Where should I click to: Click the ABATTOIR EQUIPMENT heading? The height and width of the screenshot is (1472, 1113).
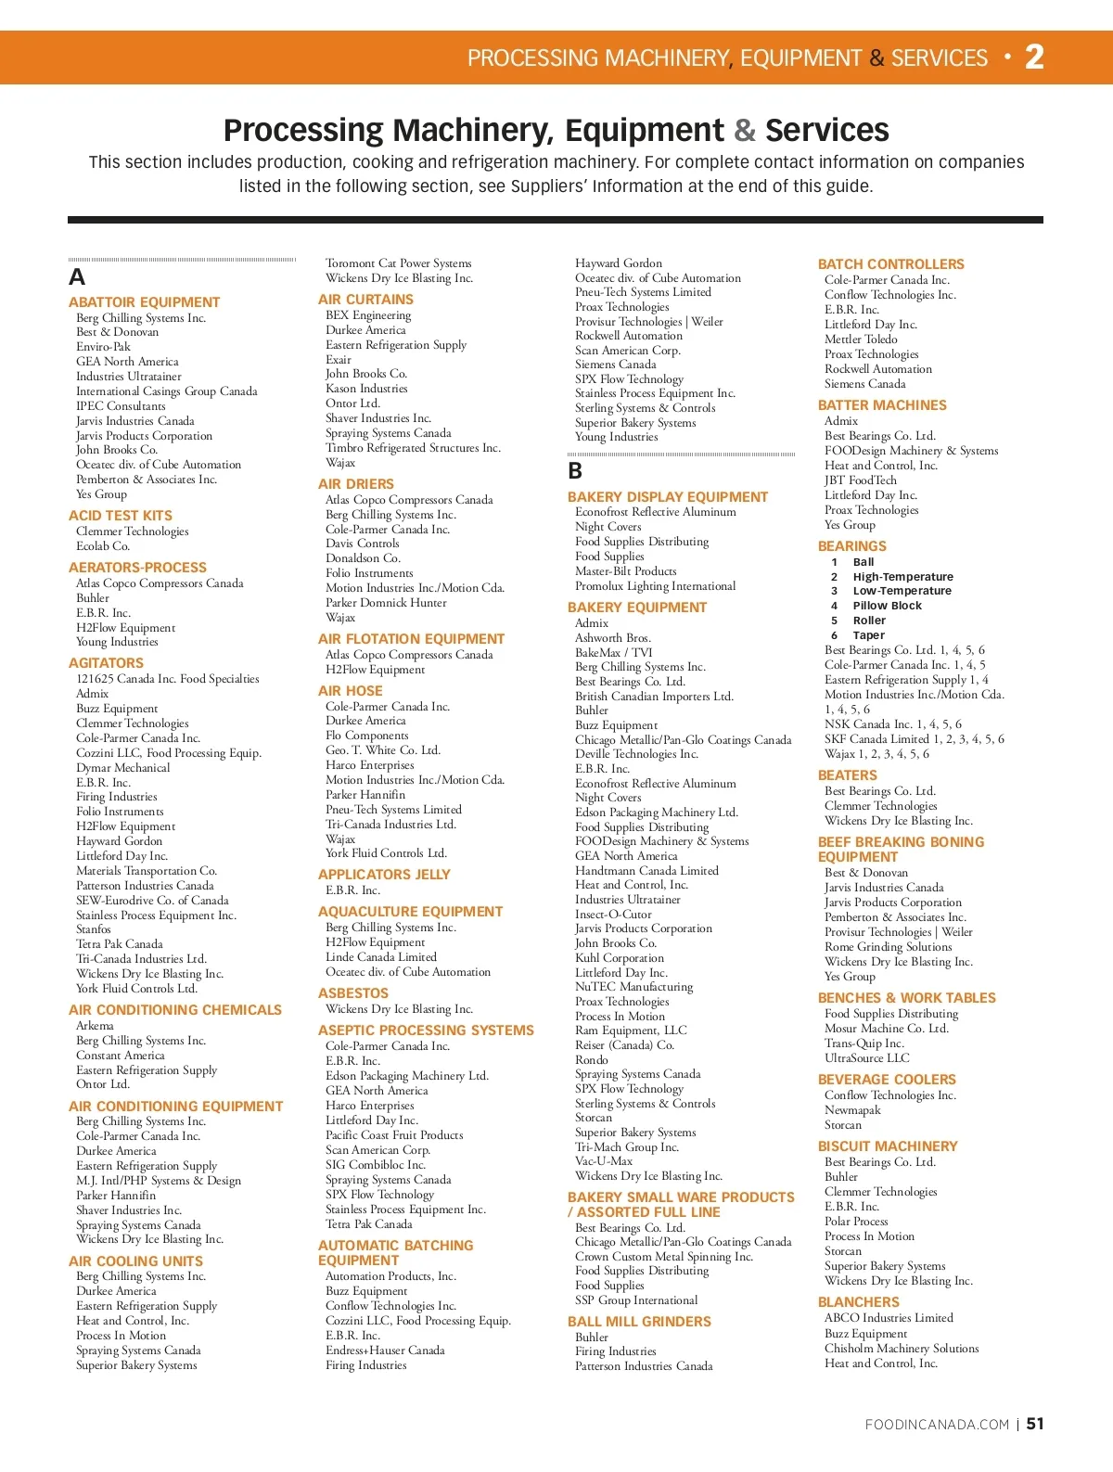tap(144, 302)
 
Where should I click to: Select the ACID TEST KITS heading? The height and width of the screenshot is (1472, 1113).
tap(121, 516)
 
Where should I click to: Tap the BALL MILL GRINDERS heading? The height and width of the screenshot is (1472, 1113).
tap(639, 1322)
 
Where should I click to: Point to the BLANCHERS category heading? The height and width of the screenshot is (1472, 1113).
tap(859, 1302)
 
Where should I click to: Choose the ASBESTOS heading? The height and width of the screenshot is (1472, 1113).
tap(353, 993)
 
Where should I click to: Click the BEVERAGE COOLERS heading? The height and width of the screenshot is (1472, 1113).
tap(887, 1080)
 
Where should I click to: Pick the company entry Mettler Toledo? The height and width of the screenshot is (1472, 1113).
tap(861, 339)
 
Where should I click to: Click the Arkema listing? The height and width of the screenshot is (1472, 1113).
tap(95, 1026)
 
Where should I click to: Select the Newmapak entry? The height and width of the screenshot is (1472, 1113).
tap(852, 1110)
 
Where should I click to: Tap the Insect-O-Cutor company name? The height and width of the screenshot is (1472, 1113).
tap(613, 915)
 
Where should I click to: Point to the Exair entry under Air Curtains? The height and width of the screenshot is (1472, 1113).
tap(339, 360)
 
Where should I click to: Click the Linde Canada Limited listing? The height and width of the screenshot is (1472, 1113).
tap(381, 957)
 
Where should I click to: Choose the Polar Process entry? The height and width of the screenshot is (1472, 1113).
tap(856, 1222)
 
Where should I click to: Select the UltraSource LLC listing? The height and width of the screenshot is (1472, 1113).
tap(867, 1058)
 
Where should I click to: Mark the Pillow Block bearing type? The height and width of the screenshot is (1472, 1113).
tap(887, 606)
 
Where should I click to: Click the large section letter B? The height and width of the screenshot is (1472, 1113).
tap(575, 471)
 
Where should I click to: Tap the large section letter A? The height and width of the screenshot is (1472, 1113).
tap(77, 277)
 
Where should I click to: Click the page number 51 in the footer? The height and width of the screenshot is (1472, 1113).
tap(1035, 1424)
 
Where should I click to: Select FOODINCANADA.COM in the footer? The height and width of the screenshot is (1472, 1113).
tap(937, 1425)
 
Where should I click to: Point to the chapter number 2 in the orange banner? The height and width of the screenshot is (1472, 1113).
tap(1034, 58)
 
